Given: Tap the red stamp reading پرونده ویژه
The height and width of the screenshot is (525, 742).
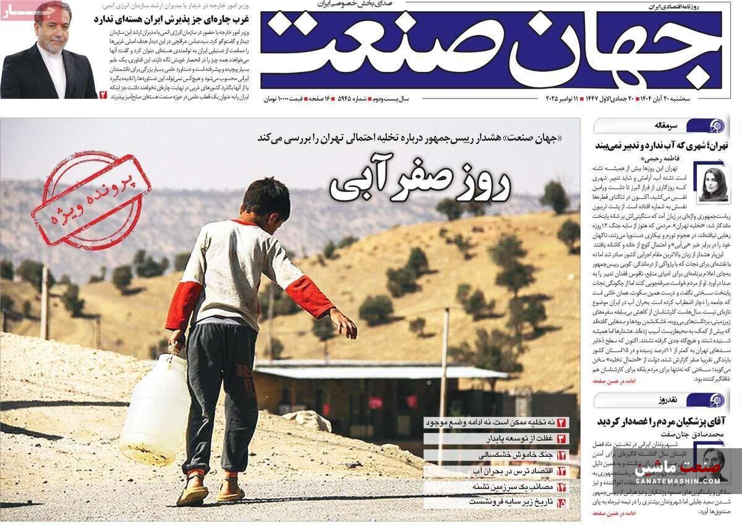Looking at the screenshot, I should click(91, 199).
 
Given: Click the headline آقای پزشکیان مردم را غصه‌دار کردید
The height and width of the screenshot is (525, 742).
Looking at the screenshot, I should click(662, 421).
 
